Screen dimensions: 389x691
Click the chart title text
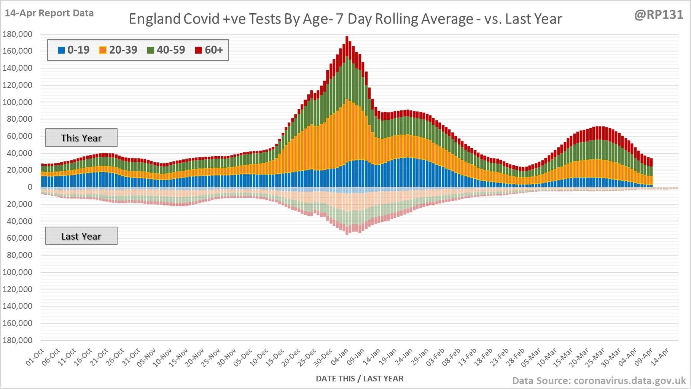pyautogui.click(x=345, y=19)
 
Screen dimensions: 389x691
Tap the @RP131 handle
pyautogui.click(x=659, y=14)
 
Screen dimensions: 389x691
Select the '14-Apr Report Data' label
pyautogui.click(x=49, y=13)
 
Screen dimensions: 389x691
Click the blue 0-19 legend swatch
pyautogui.click(x=61, y=50)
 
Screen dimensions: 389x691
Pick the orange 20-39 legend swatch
pyautogui.click(x=103, y=50)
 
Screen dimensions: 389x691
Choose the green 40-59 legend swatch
pyautogui.click(x=151, y=50)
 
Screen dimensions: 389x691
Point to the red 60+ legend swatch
pyautogui.click(x=198, y=50)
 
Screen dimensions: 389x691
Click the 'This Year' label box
pyautogui.click(x=81, y=138)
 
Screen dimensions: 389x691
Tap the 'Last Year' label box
pyautogui.click(x=81, y=236)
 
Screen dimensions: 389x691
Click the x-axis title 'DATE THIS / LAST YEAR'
pyautogui.click(x=360, y=378)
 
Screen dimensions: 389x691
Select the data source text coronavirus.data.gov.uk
pyautogui.click(x=599, y=381)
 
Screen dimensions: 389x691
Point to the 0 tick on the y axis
pyautogui.click(x=30, y=187)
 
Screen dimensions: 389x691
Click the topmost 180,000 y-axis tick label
pyautogui.click(x=18, y=34)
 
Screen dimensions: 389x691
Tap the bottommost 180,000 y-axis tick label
pyautogui.click(x=18, y=340)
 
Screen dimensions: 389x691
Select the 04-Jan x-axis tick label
pyautogui.click(x=340, y=357)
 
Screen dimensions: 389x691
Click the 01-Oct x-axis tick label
pyautogui.click(x=35, y=357)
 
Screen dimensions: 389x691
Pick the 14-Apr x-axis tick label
pyautogui.click(x=659, y=357)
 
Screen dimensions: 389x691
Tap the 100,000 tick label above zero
pyautogui.click(x=18, y=102)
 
